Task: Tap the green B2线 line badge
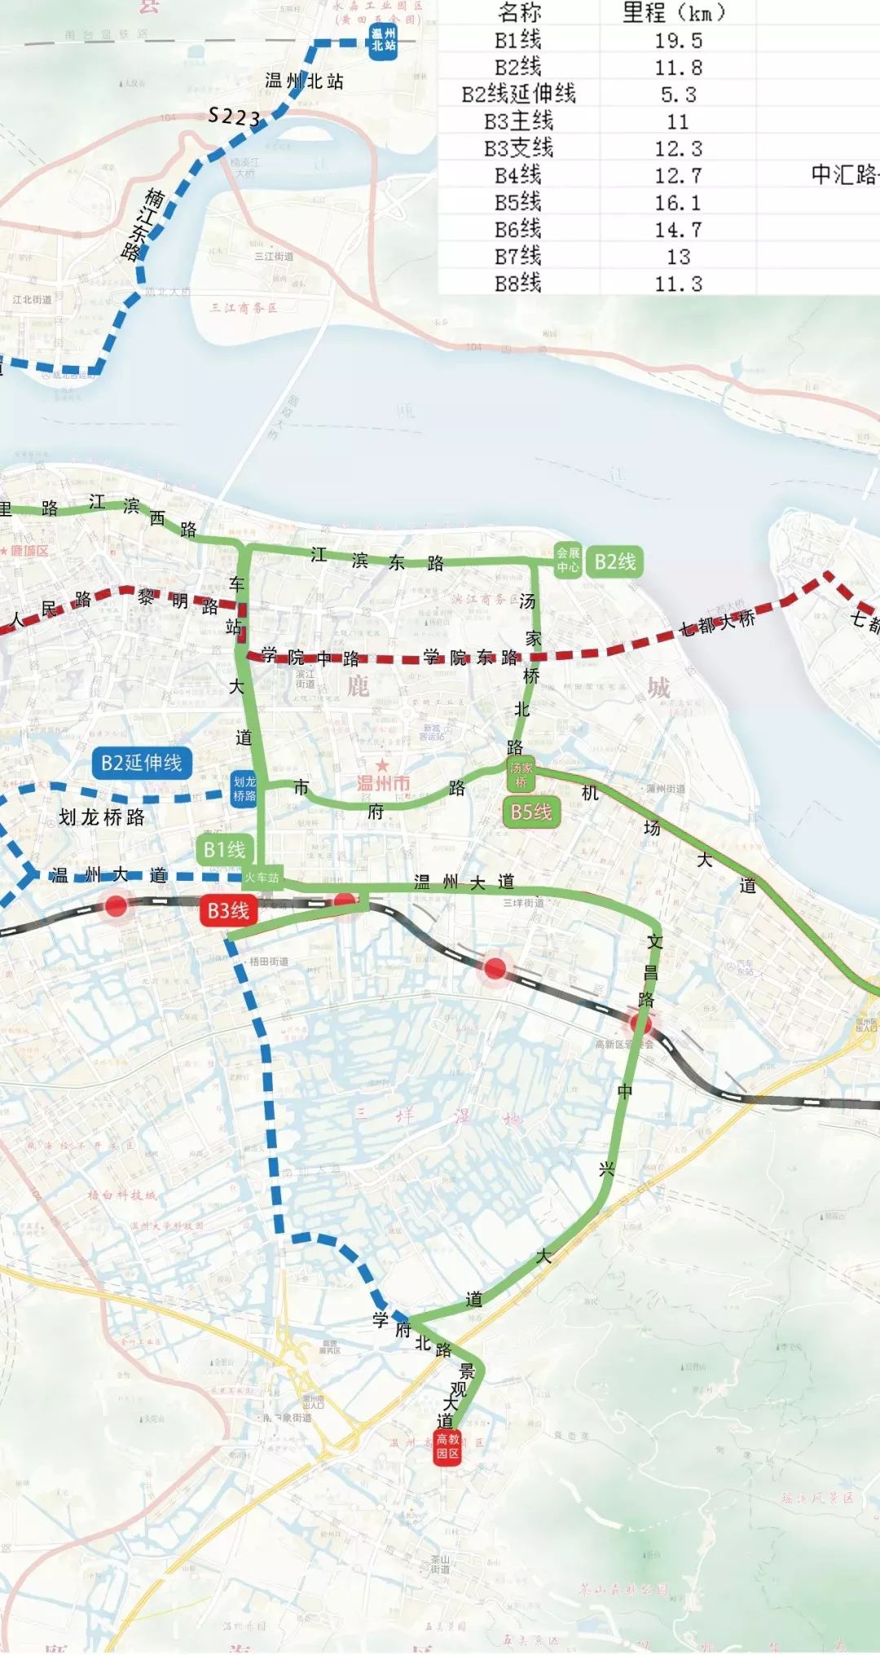614,561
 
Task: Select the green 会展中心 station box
568,560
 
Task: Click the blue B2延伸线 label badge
142,763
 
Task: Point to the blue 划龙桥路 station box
244,789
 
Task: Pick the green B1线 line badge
225,850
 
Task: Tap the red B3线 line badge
228,910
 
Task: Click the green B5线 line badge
531,812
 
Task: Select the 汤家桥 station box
521,775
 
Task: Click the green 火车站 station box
262,878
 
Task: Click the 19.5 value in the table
678,41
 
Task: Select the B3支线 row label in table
518,148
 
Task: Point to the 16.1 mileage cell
678,202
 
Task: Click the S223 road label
235,117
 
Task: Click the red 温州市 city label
383,783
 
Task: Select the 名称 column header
518,12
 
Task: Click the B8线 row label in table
518,283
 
